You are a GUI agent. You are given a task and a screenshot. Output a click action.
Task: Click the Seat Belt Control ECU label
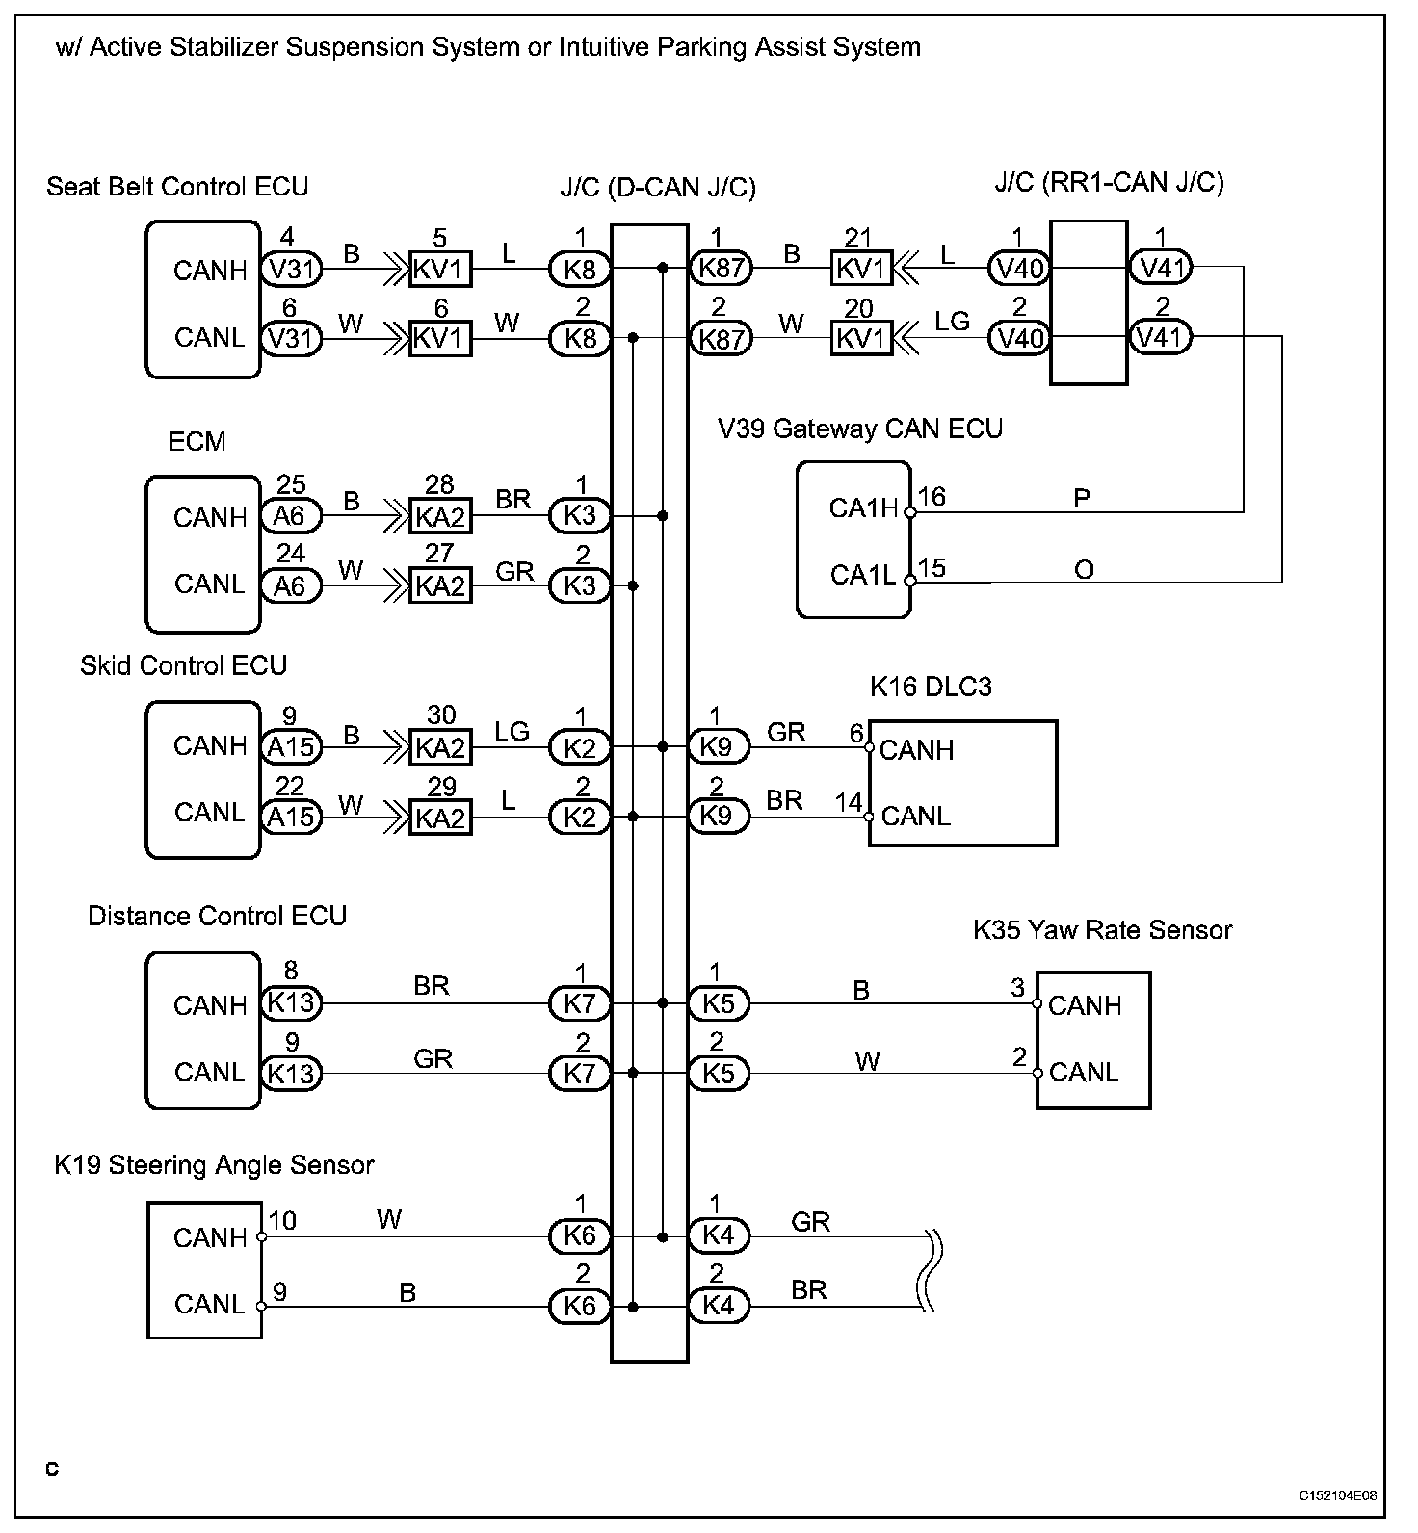[177, 186]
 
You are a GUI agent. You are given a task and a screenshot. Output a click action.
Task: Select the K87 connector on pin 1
[721, 268]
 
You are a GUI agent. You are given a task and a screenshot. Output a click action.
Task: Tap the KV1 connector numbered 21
[861, 268]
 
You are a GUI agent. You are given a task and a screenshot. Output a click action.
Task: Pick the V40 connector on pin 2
[1018, 338]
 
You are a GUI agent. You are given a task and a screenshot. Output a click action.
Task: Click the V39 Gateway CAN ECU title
[860, 429]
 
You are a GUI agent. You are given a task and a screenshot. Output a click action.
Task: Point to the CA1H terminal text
[863, 507]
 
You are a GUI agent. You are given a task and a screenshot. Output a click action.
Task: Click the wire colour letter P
[1082, 499]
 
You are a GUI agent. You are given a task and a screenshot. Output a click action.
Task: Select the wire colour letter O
[1084, 570]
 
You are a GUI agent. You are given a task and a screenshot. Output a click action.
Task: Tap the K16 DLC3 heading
[931, 687]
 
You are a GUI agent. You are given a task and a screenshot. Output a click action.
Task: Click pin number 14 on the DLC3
[848, 801]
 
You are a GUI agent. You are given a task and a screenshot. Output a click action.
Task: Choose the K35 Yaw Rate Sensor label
[1102, 929]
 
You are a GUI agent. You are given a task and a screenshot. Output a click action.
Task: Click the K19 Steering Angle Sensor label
[214, 1165]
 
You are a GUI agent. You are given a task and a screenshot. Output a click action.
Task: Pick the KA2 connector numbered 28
[440, 516]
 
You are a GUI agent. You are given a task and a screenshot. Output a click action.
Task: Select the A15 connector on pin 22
[291, 817]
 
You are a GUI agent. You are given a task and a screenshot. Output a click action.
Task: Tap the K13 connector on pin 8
[291, 1003]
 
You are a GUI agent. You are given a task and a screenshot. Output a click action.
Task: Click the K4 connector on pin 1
[719, 1236]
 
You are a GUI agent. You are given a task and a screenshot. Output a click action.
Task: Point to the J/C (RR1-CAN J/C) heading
[1109, 182]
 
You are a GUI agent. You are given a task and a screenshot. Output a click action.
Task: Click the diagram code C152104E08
[1337, 1495]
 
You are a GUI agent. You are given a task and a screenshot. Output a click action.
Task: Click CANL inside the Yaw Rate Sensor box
[1084, 1072]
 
